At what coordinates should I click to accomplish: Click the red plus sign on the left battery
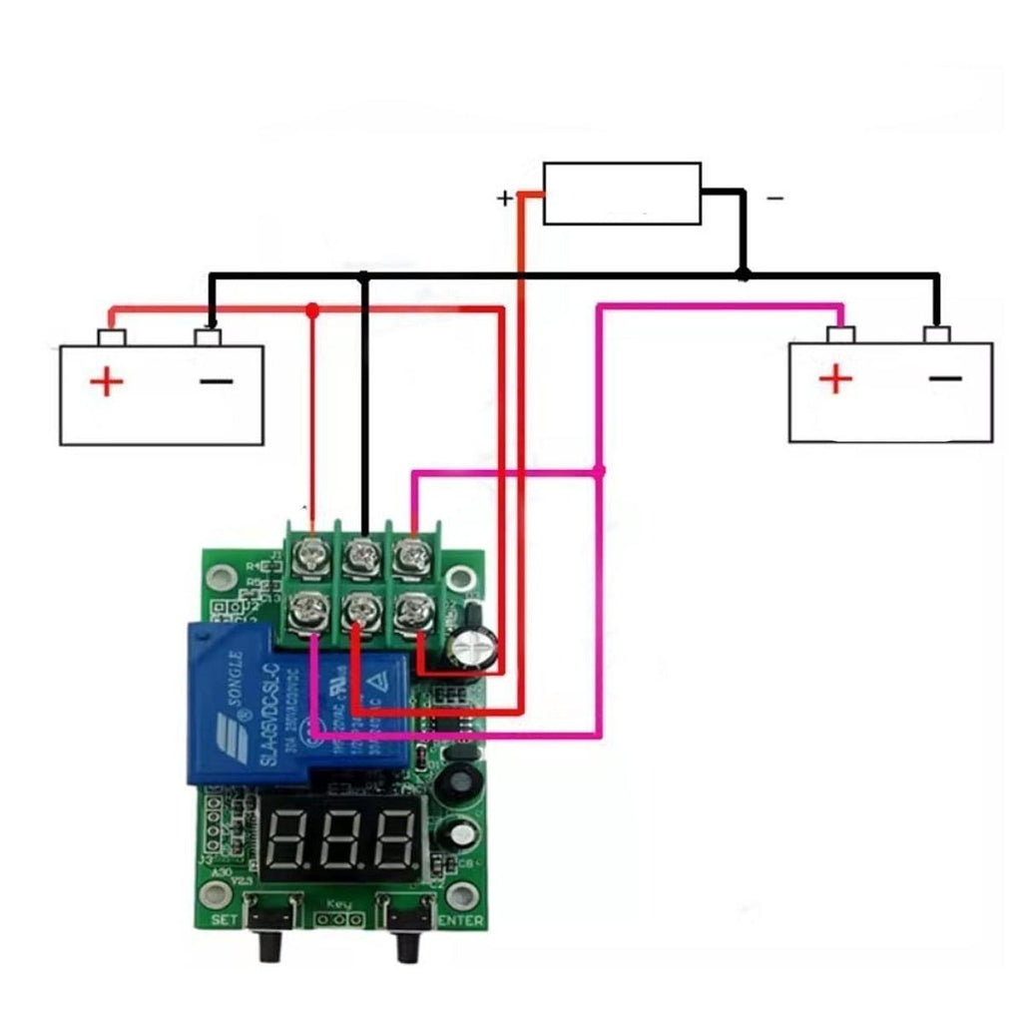[105, 382]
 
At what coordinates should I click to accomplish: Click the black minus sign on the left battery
[216, 381]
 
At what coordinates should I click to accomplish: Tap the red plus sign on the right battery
[836, 379]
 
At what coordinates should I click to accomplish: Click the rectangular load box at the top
[622, 194]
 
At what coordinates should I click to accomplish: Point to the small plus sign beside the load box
[505, 199]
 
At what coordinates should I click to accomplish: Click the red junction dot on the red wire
[312, 310]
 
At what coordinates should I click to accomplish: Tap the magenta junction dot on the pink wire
[599, 471]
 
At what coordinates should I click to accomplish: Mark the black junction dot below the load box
[743, 273]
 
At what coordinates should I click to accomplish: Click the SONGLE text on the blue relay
[232, 689]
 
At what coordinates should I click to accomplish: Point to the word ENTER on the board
[461, 920]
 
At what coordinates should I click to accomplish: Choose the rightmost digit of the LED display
[395, 838]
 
